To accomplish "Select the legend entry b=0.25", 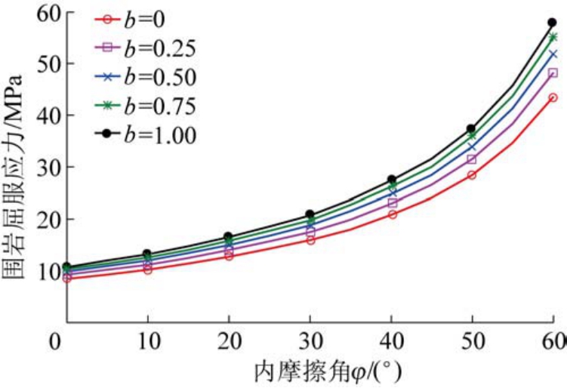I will coord(148,48).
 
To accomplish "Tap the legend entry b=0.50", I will coord(148,77).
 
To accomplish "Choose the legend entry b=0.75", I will coord(148,106).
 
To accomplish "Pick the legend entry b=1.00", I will coord(148,135).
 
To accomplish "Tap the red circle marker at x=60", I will coord(553,97).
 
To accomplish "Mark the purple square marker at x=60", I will coord(553,73).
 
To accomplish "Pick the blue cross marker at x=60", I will coord(553,54).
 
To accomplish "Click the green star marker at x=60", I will coord(553,37).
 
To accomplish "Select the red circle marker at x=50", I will coord(472,175).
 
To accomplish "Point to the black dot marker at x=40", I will coord(391,180).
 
